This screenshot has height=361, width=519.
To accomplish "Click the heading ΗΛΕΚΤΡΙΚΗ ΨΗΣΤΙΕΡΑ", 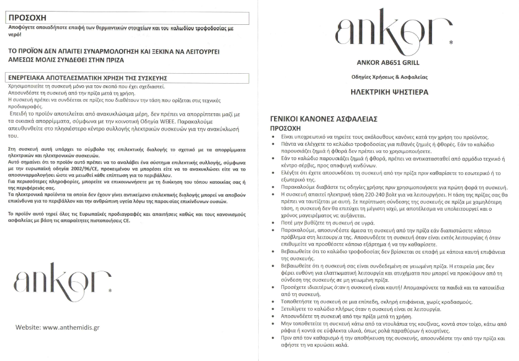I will tap(389, 92).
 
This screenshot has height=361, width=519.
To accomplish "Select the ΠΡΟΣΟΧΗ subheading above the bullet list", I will tap(286, 128).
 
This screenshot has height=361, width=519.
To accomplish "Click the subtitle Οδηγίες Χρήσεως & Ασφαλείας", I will tap(389, 76).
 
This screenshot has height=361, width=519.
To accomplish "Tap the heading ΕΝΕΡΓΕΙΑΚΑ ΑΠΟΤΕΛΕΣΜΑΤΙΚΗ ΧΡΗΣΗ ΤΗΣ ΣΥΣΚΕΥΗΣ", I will tap(88, 78).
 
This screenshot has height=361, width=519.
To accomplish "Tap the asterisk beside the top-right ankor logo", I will tap(451, 42).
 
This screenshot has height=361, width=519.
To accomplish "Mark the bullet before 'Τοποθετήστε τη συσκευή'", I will tap(275, 302).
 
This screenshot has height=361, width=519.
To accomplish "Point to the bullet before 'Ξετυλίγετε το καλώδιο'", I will tap(275, 309).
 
